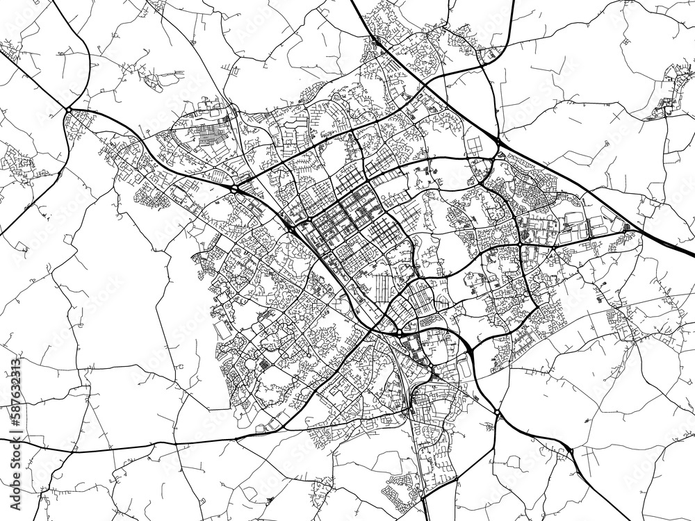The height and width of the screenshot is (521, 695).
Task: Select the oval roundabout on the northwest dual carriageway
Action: click(235, 188)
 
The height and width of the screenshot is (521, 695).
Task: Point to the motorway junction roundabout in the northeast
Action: click(498, 142)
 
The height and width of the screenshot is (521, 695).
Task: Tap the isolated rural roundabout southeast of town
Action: click(498, 414)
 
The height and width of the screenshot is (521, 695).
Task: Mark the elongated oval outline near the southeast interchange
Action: click(464, 370)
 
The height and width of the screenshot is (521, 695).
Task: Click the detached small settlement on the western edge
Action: click(17, 163)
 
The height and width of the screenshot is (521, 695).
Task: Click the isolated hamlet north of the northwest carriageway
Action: click(156, 80)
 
